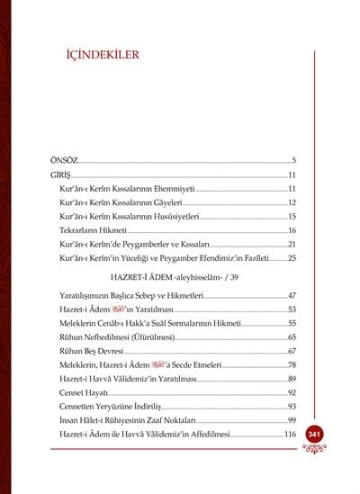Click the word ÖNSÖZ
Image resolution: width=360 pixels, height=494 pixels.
(x=65, y=158)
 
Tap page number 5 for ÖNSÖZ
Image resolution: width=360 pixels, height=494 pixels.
(x=293, y=158)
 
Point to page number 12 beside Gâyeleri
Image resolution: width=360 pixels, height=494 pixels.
(x=292, y=202)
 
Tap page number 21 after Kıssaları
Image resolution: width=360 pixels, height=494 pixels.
(x=292, y=244)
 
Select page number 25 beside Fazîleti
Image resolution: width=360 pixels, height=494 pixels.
(x=292, y=258)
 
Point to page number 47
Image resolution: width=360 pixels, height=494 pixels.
(x=292, y=295)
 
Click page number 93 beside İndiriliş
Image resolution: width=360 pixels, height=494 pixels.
(x=292, y=407)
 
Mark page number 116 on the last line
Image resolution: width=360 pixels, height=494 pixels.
(x=290, y=435)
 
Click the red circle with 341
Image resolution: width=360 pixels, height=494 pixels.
(x=314, y=435)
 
